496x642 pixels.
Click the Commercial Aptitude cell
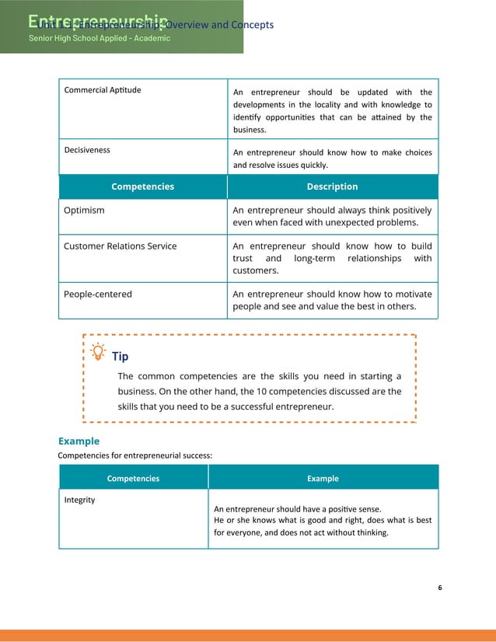click(x=103, y=90)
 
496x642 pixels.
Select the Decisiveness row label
click(x=87, y=149)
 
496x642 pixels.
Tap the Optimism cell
click(x=84, y=210)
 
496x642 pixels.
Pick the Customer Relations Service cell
click(x=120, y=246)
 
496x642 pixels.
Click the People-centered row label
click(x=98, y=294)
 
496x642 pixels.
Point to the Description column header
click(x=332, y=187)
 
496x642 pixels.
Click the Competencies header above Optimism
click(x=142, y=187)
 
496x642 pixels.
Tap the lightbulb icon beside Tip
click(x=99, y=352)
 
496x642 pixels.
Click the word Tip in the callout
click(x=121, y=356)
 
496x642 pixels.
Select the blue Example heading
click(x=79, y=441)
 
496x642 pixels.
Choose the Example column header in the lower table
click(x=323, y=478)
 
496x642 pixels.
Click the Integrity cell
click(x=79, y=500)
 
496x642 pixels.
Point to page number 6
click(x=439, y=588)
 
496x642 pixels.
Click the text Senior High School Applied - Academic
click(x=100, y=38)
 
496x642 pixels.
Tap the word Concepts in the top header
click(x=253, y=25)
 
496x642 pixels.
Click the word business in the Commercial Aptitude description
click(x=250, y=130)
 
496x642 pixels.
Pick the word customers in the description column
click(x=255, y=270)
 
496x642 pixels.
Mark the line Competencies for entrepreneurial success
click(x=134, y=455)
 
